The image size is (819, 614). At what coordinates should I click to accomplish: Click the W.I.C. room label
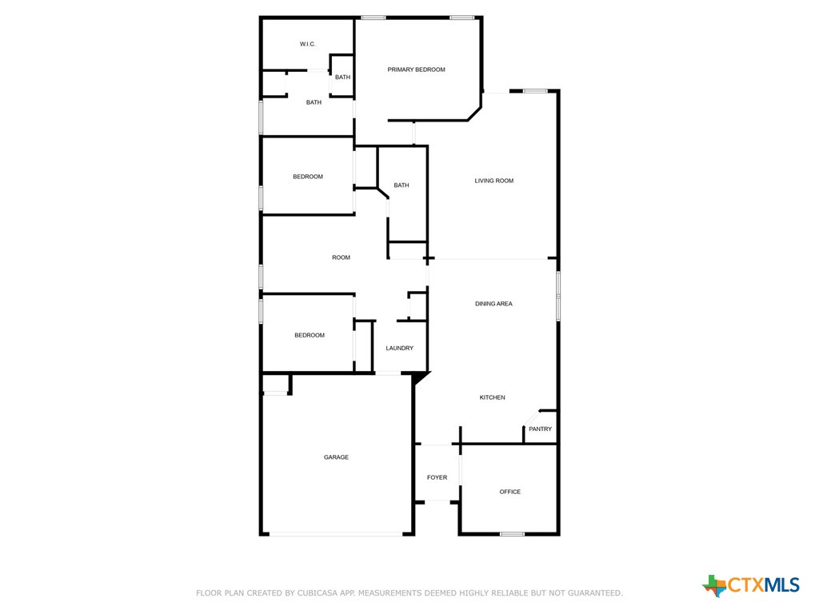308,44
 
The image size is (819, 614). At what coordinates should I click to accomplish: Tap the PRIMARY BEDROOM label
416,70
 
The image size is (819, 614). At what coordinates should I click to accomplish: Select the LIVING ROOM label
494,181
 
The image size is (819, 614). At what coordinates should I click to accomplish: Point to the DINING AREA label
493,304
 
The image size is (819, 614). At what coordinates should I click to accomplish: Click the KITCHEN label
492,397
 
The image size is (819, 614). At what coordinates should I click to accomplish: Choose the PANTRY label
540,429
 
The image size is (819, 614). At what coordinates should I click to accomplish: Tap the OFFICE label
510,492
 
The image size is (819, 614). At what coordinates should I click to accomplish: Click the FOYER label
437,477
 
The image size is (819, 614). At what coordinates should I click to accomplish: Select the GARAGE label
336,457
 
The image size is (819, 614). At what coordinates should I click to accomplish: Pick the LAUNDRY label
400,348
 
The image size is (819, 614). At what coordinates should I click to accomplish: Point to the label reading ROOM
342,257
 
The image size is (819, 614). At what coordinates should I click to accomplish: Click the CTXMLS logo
751,585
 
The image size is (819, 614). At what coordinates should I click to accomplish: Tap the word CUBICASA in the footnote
318,593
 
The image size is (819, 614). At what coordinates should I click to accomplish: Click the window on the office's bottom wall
512,533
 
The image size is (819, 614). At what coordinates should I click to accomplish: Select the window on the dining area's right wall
557,296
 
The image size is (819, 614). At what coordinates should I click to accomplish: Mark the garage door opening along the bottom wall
336,534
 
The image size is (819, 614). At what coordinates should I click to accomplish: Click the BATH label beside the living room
402,185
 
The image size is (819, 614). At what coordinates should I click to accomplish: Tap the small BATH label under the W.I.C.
342,77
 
